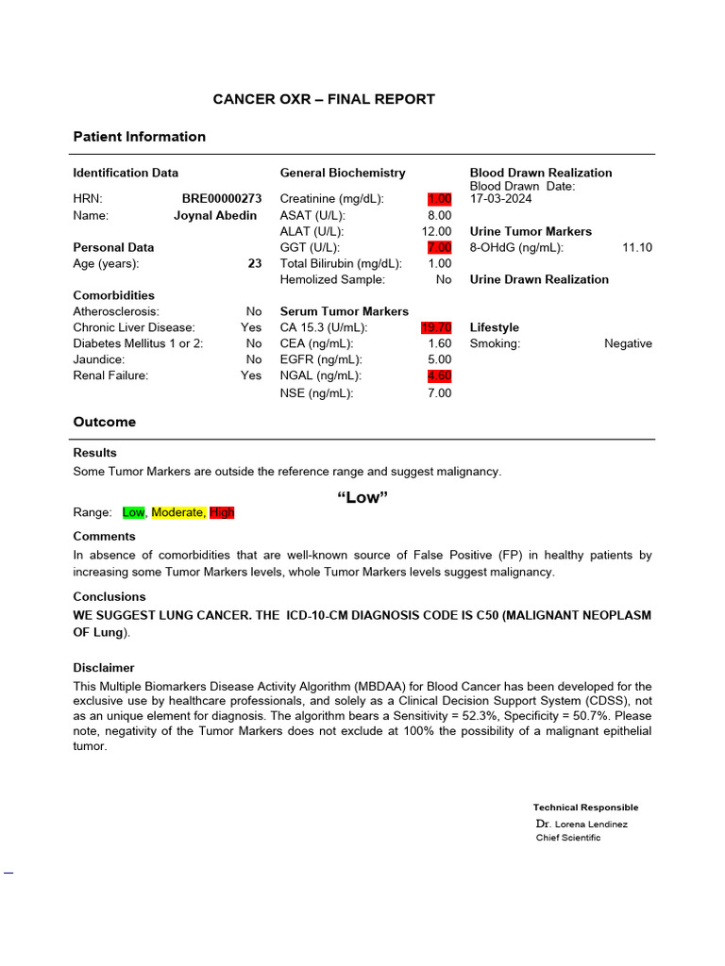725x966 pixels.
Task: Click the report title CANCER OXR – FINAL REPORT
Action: [x=324, y=99]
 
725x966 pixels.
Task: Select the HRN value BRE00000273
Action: [x=222, y=199]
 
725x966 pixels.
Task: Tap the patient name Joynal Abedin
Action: [x=215, y=215]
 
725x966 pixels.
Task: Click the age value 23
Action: [x=255, y=264]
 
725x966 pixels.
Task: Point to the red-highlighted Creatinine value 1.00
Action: [x=439, y=199]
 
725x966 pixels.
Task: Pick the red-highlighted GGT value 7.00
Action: [x=439, y=247]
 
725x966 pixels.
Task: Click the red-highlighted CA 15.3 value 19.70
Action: [x=436, y=327]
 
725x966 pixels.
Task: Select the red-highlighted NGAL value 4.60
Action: [x=439, y=375]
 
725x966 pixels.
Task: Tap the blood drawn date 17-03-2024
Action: [x=500, y=199]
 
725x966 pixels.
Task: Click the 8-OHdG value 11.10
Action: [x=637, y=247]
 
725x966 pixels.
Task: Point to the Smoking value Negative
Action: [x=628, y=343]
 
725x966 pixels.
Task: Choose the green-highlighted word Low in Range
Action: [x=133, y=512]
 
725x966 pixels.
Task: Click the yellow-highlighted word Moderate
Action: [x=177, y=512]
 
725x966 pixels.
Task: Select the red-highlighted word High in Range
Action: [x=222, y=512]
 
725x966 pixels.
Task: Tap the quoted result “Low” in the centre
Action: [x=362, y=498]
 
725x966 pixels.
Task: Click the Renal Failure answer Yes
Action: [x=251, y=375]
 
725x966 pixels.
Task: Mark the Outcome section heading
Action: [x=105, y=422]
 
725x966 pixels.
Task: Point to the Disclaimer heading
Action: [x=104, y=668]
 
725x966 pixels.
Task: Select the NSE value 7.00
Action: [x=439, y=392]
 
